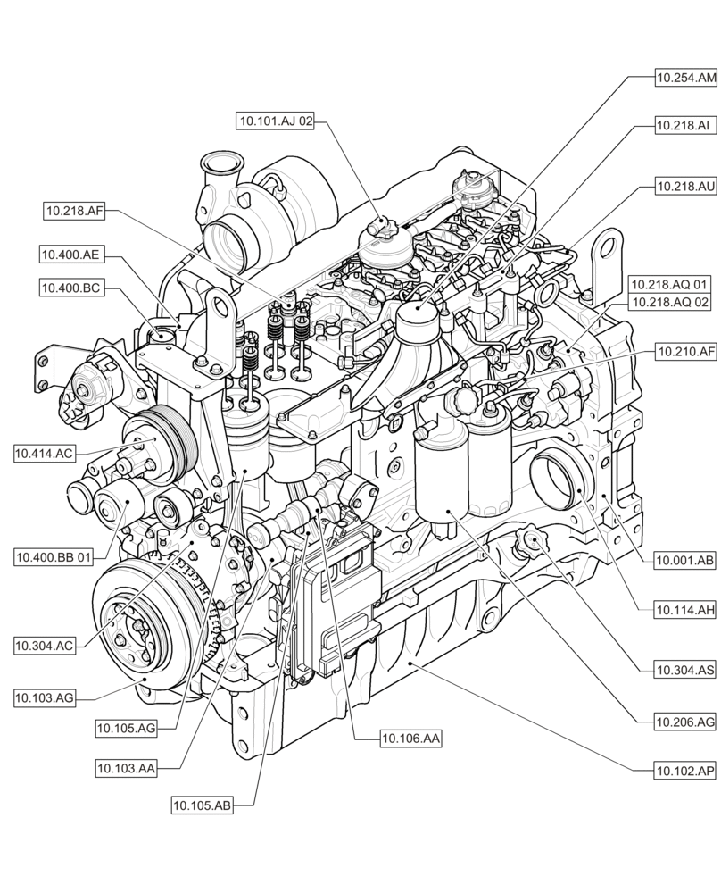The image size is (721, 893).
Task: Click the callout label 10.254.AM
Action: pos(685,79)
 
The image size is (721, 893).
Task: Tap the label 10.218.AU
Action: pos(684,187)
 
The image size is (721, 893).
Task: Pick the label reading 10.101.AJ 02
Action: pos(276,121)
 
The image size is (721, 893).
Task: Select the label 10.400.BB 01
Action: pos(54,557)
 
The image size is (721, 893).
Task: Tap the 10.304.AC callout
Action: pos(44,644)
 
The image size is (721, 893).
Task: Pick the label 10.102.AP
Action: pos(684,769)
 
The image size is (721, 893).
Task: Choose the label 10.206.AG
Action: pos(684,721)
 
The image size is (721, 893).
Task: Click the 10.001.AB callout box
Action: pos(684,561)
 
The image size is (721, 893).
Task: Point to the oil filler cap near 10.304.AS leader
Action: pos(533,539)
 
